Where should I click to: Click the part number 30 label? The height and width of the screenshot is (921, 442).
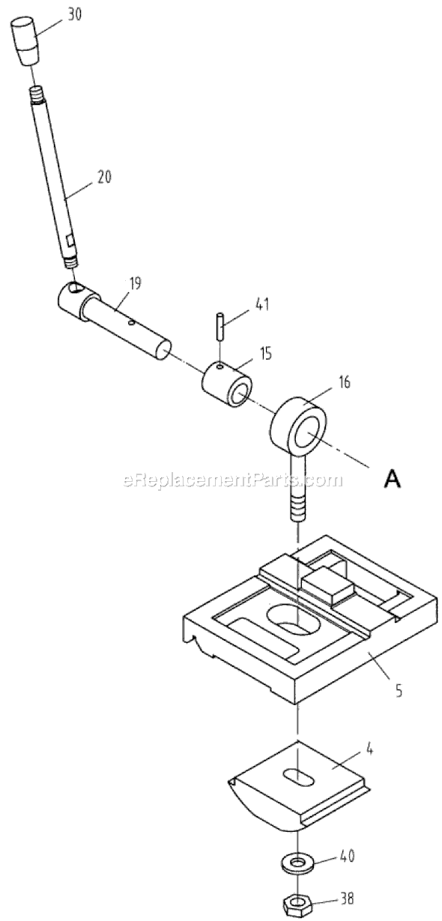(75, 15)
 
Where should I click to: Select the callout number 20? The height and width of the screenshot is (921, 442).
(103, 178)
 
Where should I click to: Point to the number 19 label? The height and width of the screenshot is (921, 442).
(134, 283)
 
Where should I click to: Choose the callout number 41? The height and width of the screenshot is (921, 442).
(261, 305)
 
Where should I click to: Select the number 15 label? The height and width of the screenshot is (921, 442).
(266, 354)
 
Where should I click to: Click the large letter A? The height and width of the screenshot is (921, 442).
(391, 480)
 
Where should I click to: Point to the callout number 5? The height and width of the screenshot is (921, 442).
(399, 689)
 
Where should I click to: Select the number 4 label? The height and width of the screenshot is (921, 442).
(369, 739)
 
